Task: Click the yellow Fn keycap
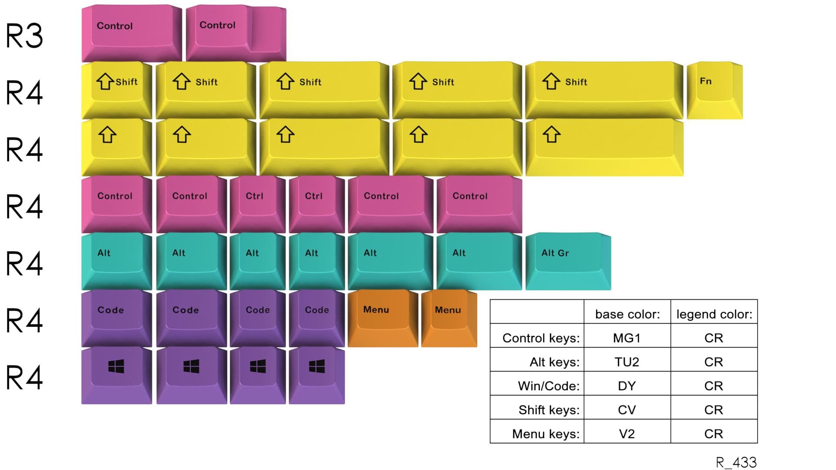[714, 90]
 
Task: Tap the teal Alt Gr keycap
[568, 261]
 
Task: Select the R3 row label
[24, 36]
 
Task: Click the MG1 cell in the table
[627, 338]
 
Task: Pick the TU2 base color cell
[627, 362]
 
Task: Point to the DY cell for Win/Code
[627, 386]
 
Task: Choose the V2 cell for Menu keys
[627, 433]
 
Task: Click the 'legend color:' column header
[714, 314]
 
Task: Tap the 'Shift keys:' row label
[549, 410]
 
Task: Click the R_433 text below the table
[736, 462]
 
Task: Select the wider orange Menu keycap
[382, 318]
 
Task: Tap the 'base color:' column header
[627, 314]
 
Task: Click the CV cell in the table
[627, 410]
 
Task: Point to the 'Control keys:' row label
[541, 338]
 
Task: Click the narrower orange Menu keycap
[448, 318]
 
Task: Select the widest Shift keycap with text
[603, 90]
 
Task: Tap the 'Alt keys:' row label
[554, 362]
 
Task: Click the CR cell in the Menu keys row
[714, 433]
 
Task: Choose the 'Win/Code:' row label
[549, 386]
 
